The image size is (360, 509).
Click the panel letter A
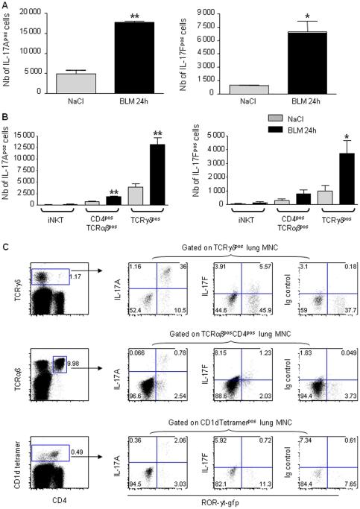[x=5, y=5]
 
